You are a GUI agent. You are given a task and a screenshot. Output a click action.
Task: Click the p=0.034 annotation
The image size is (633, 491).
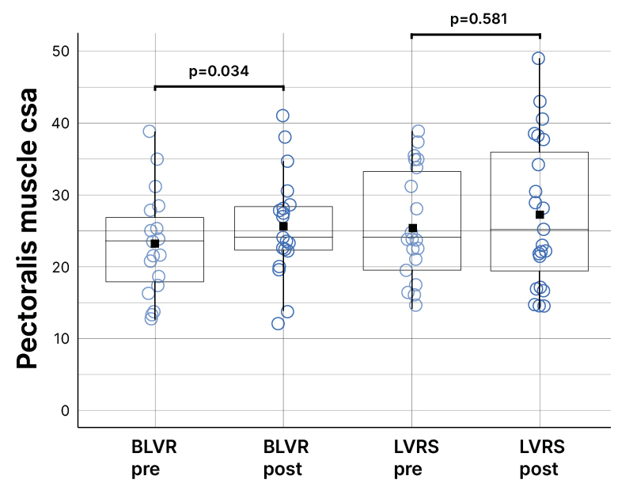tap(219, 71)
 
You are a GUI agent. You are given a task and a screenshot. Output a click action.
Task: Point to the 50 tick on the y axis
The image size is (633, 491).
tap(60, 51)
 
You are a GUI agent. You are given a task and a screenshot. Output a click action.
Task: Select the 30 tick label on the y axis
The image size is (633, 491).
tap(60, 196)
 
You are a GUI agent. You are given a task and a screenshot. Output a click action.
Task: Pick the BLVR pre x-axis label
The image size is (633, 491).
tap(154, 458)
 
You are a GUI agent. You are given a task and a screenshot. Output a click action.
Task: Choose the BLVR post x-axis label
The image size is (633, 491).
tap(282, 458)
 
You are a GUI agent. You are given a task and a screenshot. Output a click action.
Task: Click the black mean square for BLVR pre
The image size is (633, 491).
tap(155, 243)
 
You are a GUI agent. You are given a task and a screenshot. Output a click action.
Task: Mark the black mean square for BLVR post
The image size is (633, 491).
tap(283, 226)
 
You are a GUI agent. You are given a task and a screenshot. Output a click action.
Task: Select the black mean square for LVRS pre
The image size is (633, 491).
tap(412, 228)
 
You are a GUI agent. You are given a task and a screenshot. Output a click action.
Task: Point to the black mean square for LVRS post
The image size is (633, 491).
tap(540, 215)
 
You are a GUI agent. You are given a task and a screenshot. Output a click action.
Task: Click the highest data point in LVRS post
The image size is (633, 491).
tap(538, 59)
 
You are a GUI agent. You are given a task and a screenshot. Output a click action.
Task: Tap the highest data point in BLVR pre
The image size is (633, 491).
tap(150, 131)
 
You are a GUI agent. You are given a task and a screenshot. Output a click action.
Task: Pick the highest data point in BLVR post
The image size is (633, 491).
tap(282, 116)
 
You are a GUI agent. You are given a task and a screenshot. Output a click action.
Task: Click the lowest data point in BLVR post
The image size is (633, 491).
tap(279, 323)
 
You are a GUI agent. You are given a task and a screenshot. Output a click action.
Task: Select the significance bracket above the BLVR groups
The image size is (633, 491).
tap(219, 86)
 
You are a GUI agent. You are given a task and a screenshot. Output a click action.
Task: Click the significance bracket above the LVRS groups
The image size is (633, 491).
tap(476, 35)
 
